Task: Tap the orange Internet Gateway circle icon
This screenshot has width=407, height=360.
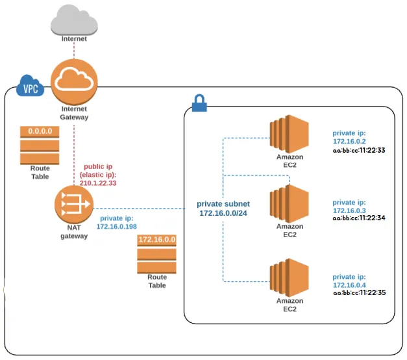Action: (x=73, y=79)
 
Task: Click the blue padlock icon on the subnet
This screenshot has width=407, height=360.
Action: (x=199, y=102)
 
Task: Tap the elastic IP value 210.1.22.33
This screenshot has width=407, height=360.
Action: (x=99, y=183)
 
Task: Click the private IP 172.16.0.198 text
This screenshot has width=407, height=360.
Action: (x=119, y=226)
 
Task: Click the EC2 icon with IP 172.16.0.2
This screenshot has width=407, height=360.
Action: (x=290, y=135)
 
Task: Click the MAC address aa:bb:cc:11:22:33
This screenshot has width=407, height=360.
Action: (x=358, y=150)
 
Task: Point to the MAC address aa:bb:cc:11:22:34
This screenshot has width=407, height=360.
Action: (x=358, y=218)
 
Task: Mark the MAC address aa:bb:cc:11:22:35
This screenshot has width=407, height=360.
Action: (x=358, y=293)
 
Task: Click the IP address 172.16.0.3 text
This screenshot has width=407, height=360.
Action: (x=349, y=211)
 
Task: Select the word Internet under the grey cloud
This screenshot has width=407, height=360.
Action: (x=74, y=39)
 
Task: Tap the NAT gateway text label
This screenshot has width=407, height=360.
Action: (x=73, y=231)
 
